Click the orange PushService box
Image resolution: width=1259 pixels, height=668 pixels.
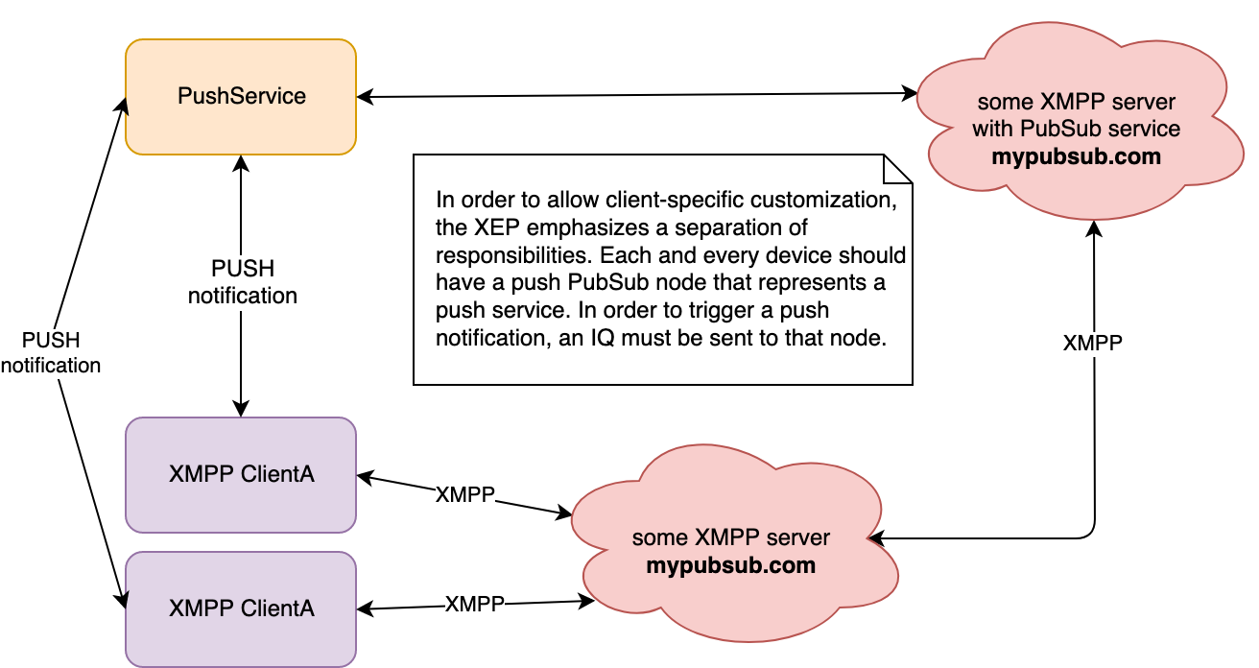[241, 96]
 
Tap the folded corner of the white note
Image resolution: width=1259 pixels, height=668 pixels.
[897, 170]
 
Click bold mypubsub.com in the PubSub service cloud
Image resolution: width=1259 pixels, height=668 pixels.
[1076, 156]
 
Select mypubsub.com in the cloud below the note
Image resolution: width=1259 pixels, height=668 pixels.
[730, 565]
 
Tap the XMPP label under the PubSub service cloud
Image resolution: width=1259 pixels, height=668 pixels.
[1092, 345]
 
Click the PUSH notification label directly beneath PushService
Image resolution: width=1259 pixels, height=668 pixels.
[243, 282]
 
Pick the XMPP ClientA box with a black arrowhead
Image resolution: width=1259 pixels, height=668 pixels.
[241, 608]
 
